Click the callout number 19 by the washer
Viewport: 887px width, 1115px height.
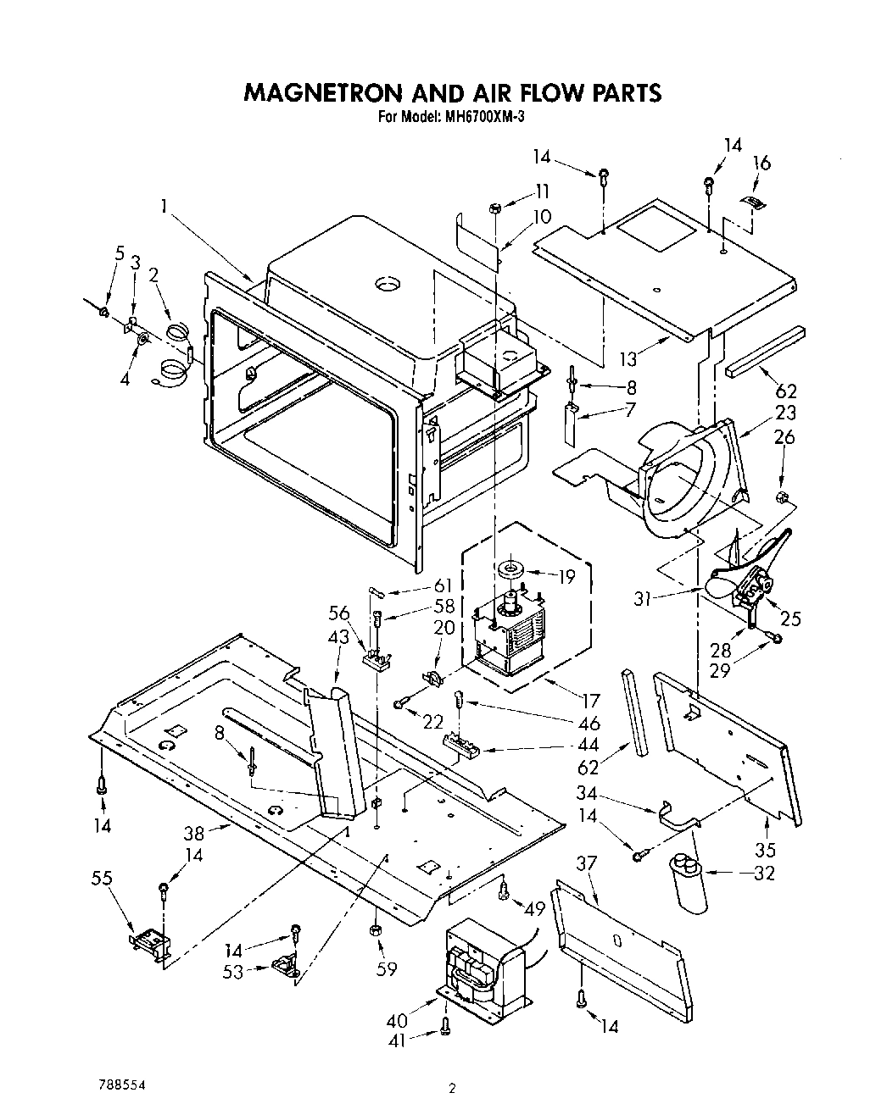(566, 576)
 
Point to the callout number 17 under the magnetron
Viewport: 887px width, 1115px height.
(591, 700)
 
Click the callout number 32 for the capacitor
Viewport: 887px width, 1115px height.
(763, 873)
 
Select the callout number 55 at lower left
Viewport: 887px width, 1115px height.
(102, 880)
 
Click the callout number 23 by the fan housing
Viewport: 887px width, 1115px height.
(786, 413)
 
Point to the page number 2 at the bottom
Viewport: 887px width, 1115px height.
(453, 1090)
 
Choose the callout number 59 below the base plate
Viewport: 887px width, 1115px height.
(386, 968)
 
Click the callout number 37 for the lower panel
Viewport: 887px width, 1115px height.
(587, 863)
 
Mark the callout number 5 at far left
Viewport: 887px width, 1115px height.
(120, 252)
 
